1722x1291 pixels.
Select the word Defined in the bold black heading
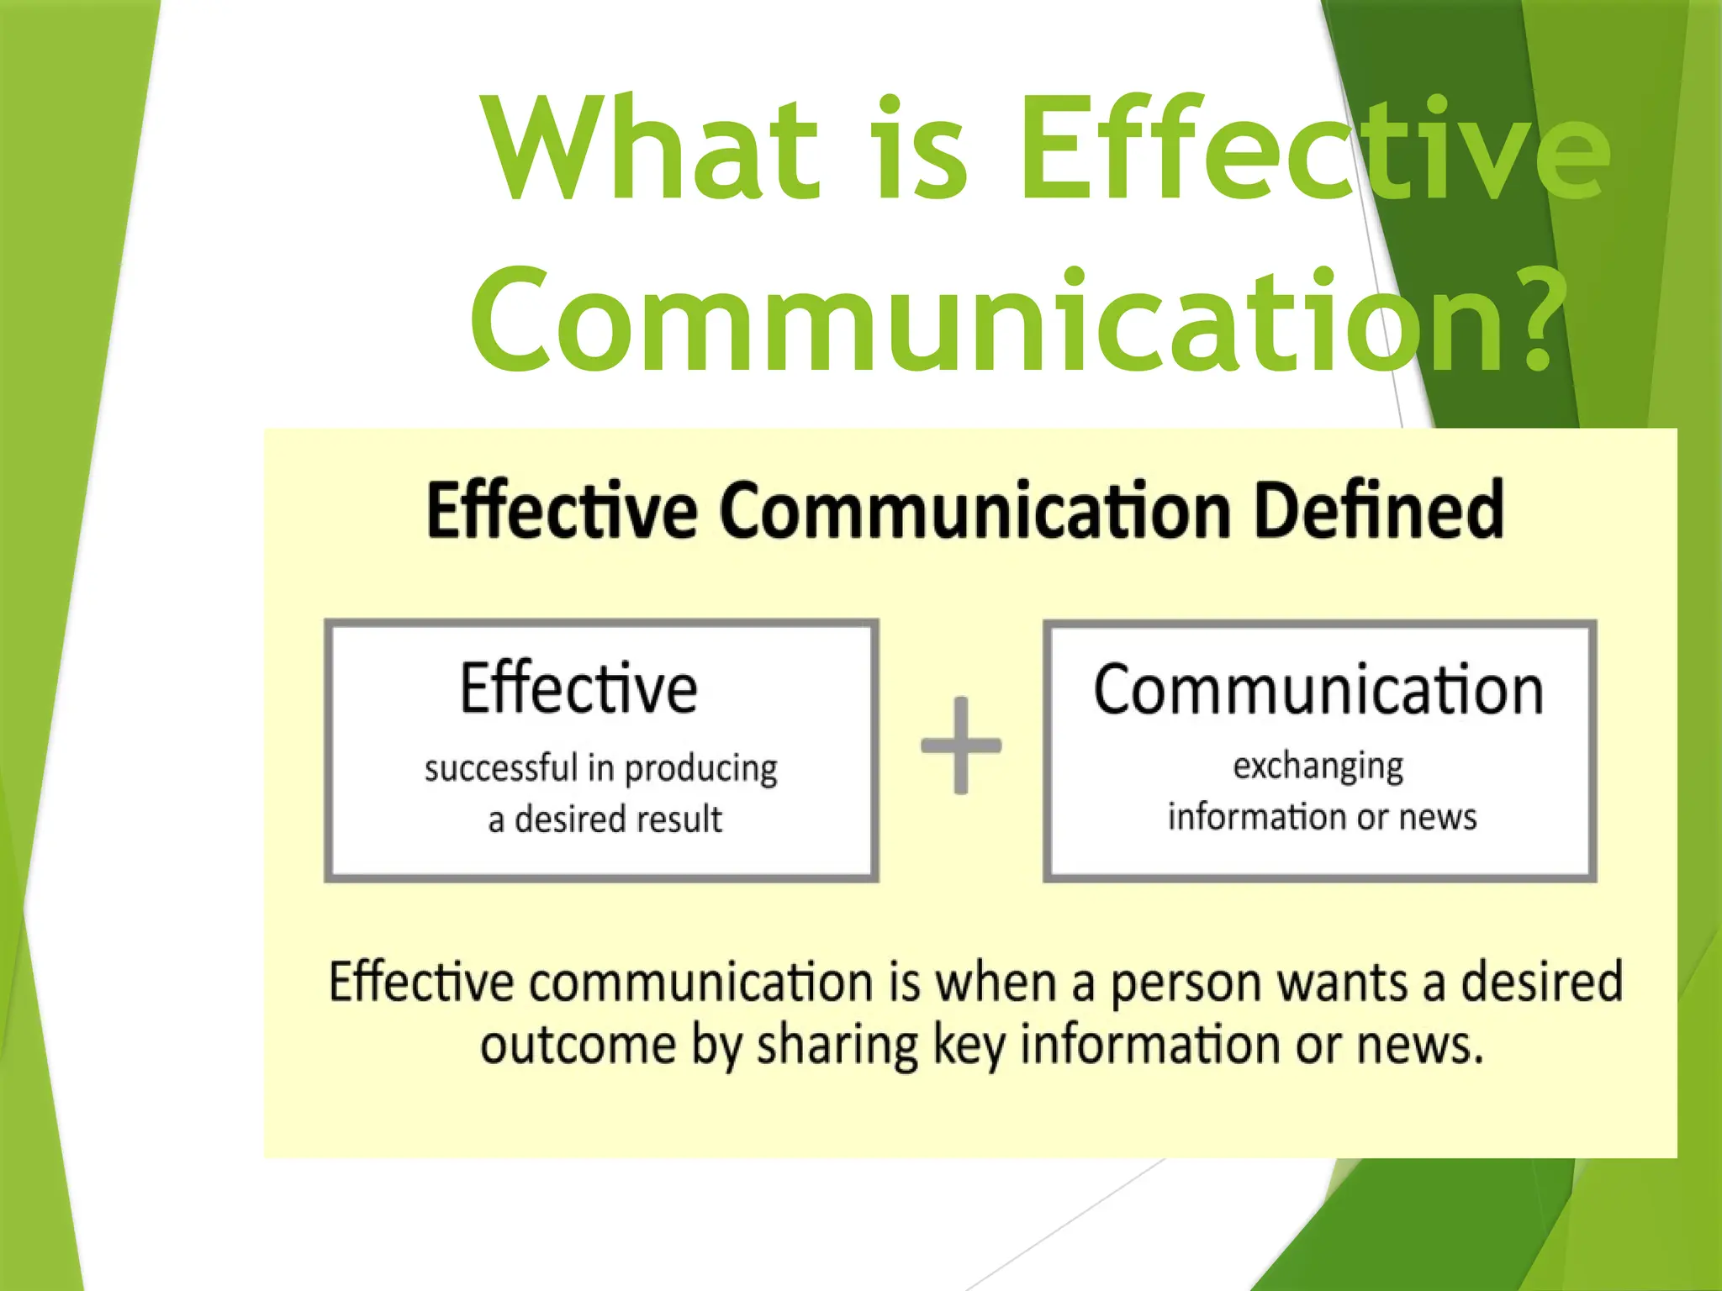[1378, 510]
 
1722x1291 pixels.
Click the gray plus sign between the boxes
[961, 746]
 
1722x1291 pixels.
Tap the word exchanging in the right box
[1318, 767]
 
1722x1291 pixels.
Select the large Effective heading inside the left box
[578, 688]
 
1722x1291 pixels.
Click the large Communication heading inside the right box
[1318, 691]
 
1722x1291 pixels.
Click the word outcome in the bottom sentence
[578, 1046]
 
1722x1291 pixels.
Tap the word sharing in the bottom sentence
[837, 1047]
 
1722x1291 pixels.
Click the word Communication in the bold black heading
[975, 510]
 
